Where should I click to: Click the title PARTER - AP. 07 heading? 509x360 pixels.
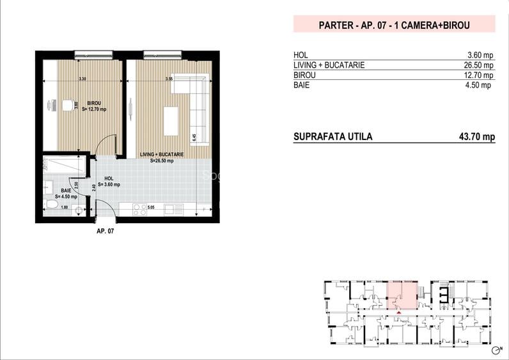[394, 25]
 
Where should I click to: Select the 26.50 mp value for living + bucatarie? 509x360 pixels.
[480, 65]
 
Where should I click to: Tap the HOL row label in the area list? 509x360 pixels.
[300, 55]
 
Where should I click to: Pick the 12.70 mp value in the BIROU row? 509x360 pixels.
[480, 75]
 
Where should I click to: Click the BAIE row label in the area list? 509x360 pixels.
[301, 85]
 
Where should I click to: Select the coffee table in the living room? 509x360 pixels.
[171, 120]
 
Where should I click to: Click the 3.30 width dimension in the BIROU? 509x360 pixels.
[82, 79]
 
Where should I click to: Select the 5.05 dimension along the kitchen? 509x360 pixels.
[151, 207]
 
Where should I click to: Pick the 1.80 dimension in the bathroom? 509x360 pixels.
[64, 207]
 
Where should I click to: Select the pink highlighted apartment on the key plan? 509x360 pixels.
[402, 295]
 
